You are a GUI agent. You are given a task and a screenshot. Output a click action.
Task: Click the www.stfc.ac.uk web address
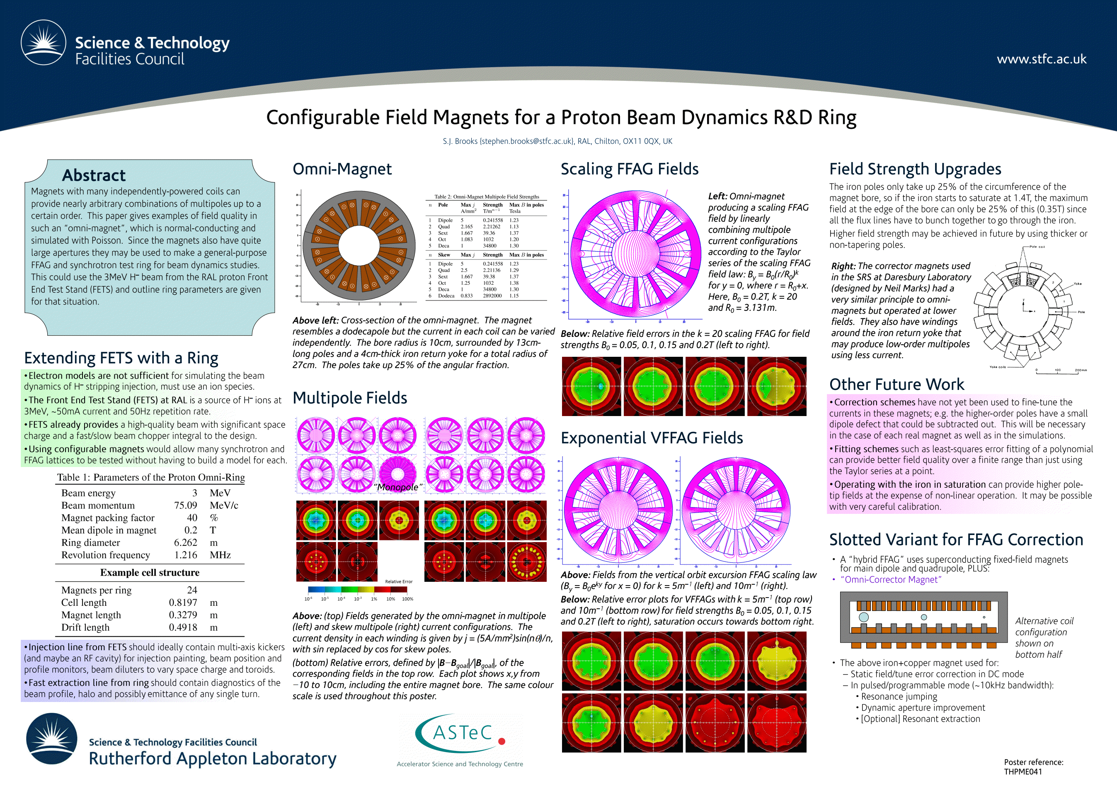1041,59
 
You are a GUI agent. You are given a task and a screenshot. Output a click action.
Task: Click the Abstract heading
94,175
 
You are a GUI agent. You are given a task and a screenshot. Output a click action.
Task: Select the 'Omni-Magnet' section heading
342,169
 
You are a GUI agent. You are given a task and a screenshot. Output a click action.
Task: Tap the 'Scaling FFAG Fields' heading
630,169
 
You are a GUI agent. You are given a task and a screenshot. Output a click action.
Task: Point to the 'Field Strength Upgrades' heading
915,169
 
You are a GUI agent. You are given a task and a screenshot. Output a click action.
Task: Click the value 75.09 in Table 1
185,506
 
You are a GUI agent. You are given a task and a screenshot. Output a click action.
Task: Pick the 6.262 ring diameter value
185,542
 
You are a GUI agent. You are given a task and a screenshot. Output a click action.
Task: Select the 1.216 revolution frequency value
185,555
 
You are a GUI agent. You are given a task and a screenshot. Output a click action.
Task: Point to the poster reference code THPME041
1023,772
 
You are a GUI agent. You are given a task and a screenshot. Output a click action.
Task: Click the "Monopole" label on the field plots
398,487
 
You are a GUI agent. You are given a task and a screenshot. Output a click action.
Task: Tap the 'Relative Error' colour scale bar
358,590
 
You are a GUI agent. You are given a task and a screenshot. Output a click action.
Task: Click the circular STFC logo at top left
43,43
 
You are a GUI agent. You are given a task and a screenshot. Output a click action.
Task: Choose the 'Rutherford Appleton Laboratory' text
212,758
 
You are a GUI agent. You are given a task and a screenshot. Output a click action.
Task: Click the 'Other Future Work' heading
896,384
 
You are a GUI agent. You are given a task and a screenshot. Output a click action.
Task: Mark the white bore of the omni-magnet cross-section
359,246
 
